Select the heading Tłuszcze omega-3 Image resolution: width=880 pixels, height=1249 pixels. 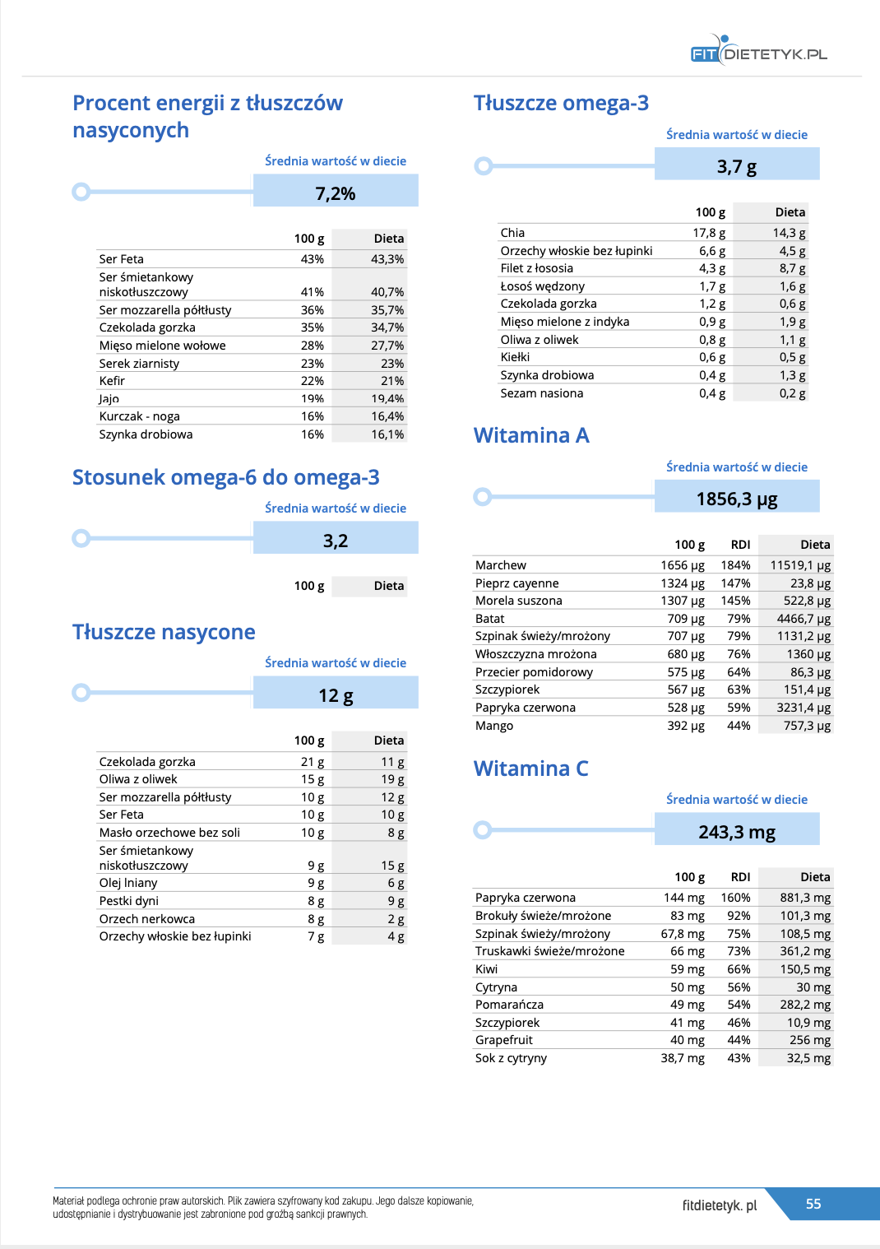click(561, 103)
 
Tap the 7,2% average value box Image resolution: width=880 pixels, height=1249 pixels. click(336, 193)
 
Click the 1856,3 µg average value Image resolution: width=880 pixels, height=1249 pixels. click(737, 499)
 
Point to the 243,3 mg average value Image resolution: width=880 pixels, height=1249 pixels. click(737, 832)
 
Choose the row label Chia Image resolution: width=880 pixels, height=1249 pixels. click(512, 233)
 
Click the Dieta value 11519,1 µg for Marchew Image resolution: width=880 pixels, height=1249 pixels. click(799, 565)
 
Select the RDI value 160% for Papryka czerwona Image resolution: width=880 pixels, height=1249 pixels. click(735, 898)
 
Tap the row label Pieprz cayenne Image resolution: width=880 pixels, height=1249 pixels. click(516, 583)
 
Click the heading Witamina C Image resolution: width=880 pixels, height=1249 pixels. click(530, 768)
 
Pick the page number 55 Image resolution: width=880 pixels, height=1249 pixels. click(813, 1204)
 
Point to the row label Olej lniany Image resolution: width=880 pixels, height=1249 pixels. click(128, 883)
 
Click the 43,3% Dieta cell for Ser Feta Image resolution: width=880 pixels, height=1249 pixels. click(387, 259)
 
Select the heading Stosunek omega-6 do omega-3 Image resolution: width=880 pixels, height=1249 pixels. click(225, 477)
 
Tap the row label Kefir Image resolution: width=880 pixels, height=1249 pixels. click(112, 381)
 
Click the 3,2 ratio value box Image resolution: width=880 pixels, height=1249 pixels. click(336, 541)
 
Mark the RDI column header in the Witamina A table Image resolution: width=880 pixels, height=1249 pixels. click(740, 545)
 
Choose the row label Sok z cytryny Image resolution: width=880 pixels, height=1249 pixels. click(511, 1058)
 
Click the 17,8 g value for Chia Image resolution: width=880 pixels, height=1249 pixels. click(708, 233)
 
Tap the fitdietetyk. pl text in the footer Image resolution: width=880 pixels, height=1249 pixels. click(719, 1205)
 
